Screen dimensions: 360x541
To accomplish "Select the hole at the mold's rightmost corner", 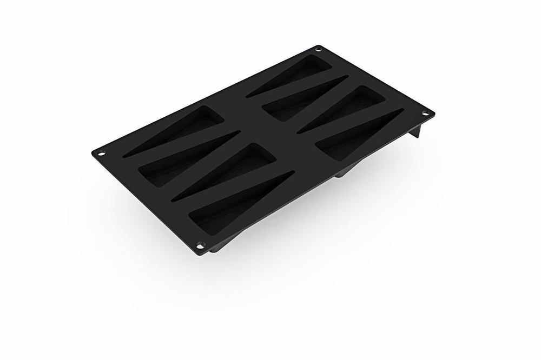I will coord(425,114).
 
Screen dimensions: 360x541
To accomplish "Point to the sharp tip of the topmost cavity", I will coord(249,96).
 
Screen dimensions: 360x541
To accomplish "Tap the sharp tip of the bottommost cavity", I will coord(292,173).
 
